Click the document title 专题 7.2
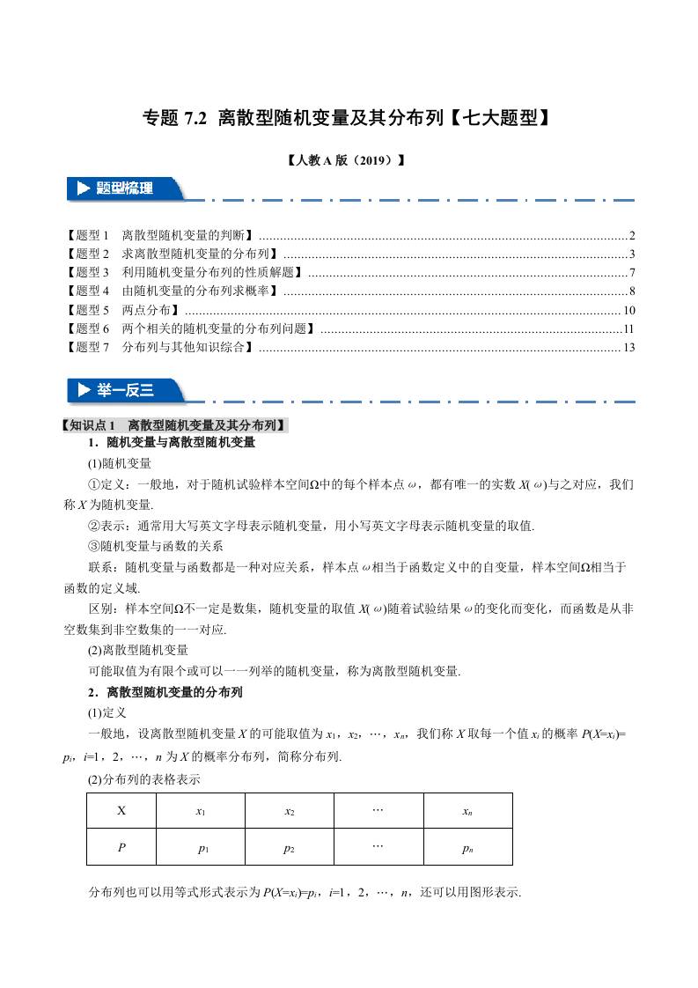(348, 117)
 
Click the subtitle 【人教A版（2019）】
(348, 161)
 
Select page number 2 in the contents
(632, 236)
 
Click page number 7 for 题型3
(632, 273)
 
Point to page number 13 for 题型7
(628, 348)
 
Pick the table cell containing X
(121, 811)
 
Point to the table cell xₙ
(467, 811)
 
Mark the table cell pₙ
(467, 848)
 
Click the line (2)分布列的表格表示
(144, 778)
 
